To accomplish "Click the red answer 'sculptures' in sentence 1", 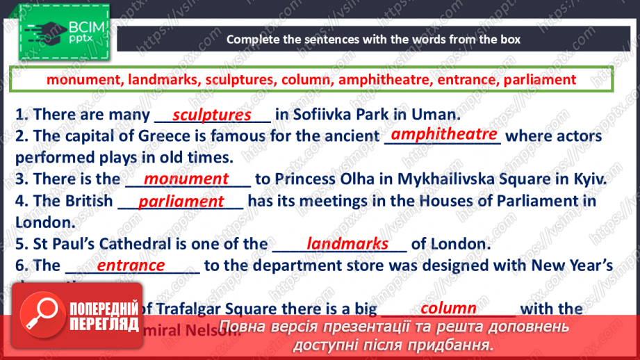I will point(211,114).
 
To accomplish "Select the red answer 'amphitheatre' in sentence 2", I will point(443,134).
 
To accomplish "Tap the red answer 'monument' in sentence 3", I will point(186,179).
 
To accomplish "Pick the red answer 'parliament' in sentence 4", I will point(181,202).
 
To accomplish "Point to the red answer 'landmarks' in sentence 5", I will point(347,243).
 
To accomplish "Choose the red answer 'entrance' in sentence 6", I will point(131,265).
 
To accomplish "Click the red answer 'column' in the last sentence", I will point(449,308).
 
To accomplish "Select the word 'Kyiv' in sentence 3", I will point(589,179).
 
